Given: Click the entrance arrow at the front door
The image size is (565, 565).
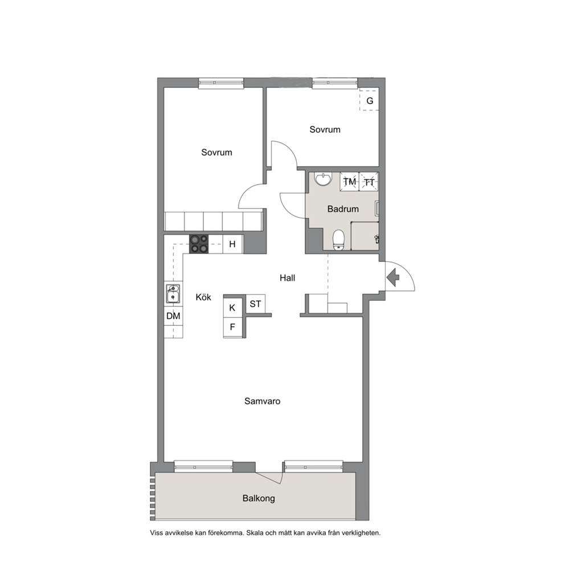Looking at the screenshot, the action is point(393,277).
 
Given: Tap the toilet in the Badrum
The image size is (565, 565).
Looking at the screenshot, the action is point(338,240).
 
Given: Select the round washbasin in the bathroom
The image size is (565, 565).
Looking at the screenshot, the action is point(323,179).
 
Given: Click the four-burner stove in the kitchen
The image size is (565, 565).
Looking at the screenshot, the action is point(199,244).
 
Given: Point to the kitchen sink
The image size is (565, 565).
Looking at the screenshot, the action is point(173,294).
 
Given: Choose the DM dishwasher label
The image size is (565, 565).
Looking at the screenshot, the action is point(173,316).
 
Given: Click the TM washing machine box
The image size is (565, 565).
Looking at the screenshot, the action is point(350,182).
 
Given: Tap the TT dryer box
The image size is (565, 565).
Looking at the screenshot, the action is point(369,182).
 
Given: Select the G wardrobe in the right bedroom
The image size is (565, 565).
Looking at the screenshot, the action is point(369,101).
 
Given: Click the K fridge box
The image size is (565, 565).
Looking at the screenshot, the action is point(232,308).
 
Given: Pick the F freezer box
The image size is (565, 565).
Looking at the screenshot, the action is point(232,327).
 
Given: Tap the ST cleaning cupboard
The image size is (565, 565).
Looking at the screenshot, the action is point(256,304).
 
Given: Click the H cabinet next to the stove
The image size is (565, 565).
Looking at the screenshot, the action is point(232,244).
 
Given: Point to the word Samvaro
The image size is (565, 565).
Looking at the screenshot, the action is point(263,401).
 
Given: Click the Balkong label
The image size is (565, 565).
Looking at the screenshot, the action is point(259,499).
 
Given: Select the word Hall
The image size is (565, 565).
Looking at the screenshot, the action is point(287,278).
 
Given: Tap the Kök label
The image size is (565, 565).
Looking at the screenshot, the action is point(203,297).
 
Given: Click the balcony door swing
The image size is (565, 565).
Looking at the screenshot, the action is point(269,477).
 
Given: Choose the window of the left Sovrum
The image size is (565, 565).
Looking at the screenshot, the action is point(221,83).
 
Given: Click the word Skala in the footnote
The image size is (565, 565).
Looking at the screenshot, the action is point(255,533).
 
